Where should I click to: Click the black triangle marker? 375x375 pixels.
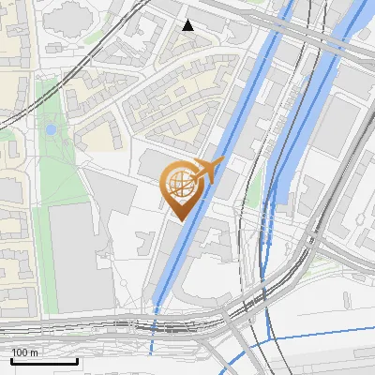(188, 25)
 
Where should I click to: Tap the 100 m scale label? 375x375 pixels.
(24, 352)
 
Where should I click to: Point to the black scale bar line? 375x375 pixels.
(44, 361)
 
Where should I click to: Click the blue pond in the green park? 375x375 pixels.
(51, 129)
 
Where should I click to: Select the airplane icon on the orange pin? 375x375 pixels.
(209, 170)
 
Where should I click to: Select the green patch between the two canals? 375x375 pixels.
(253, 183)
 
